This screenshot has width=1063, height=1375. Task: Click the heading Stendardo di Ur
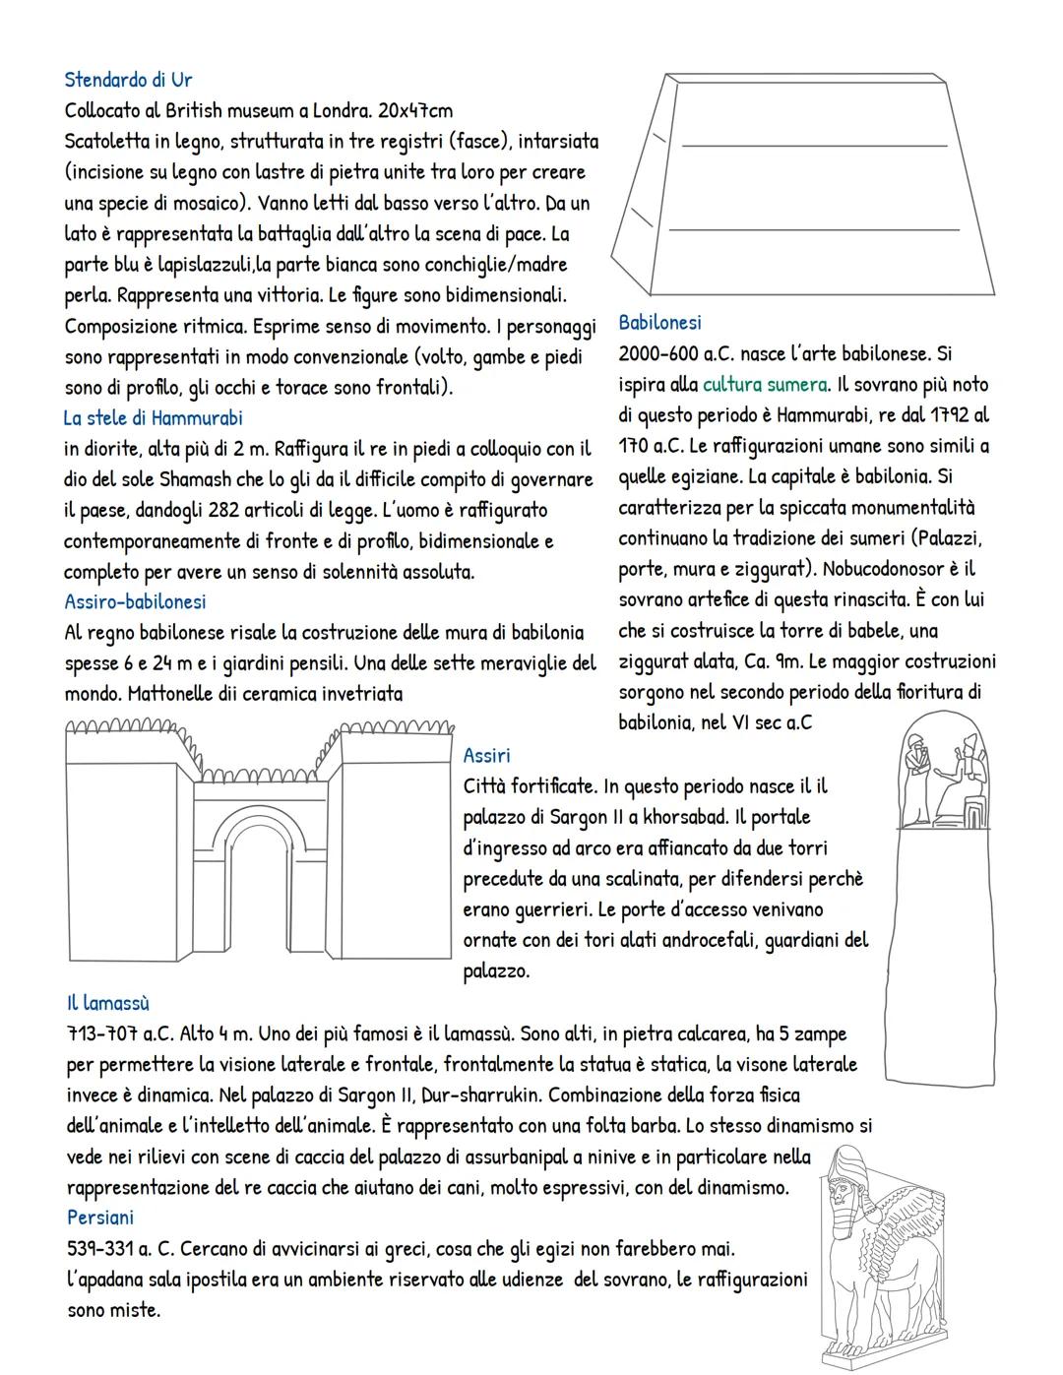point(127,79)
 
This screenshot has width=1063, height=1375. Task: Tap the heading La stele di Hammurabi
point(153,418)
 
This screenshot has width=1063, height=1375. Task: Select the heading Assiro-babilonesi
point(135,601)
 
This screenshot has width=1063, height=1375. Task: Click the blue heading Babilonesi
point(659,322)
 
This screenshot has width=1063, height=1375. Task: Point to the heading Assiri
point(486,755)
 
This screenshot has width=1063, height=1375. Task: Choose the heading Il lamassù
point(108,1003)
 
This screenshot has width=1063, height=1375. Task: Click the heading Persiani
point(100,1218)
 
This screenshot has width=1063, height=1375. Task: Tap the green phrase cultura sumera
point(765,384)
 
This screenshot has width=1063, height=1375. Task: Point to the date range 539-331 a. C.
point(122,1249)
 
